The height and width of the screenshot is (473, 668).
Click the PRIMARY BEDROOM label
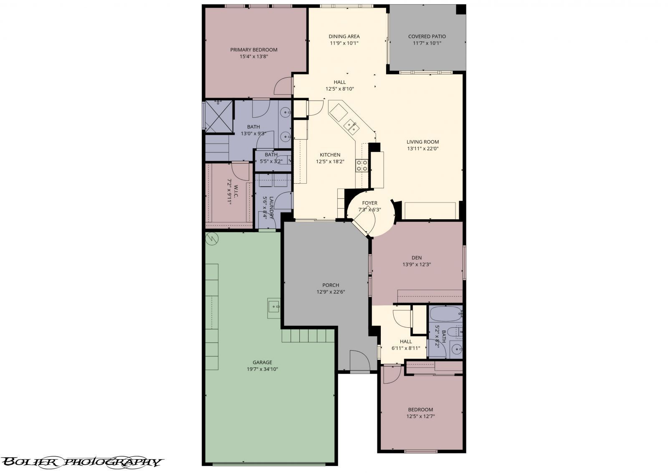coord(253,50)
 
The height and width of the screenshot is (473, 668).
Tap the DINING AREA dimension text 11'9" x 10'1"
coord(344,43)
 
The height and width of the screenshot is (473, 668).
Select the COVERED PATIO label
coord(427,36)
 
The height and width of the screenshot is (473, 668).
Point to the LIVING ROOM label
coord(423,142)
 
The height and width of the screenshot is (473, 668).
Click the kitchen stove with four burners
coord(362,165)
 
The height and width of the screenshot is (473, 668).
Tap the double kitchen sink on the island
coord(351,126)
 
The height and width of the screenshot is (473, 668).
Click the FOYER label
coord(369,203)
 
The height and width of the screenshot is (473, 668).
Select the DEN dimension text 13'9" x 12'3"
coord(417,264)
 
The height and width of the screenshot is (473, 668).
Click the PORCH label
coord(330,285)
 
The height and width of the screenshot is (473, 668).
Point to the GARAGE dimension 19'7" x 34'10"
coord(263,369)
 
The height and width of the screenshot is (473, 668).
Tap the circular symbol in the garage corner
coord(212,238)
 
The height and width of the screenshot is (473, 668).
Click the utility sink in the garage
coord(273,308)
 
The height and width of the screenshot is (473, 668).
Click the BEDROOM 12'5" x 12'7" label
coord(420,413)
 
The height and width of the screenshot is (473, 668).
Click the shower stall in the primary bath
coord(219,116)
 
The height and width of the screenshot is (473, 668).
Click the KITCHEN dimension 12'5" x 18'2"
coord(330,162)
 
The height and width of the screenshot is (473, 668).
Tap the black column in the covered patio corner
coord(461,9)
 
